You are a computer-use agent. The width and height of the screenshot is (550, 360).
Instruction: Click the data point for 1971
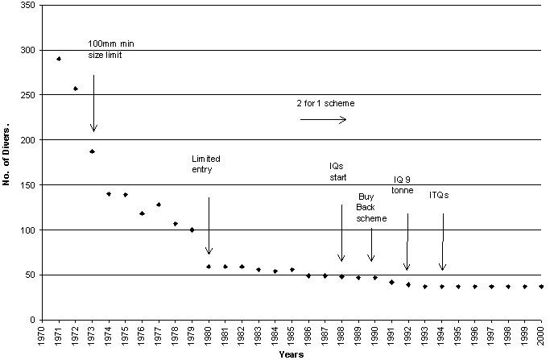point(59,59)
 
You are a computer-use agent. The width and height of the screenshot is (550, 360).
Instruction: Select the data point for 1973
point(93,151)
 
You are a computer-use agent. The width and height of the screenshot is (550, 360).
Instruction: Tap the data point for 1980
point(209,267)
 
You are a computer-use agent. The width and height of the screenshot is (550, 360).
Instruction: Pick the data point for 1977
point(159,205)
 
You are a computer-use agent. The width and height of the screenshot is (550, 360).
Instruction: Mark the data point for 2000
point(541,287)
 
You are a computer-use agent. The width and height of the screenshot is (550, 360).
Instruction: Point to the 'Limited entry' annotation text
point(205,164)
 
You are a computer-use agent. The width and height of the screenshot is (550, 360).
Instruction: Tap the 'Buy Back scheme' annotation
point(372,207)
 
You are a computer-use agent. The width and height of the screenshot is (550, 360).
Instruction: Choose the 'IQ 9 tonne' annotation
point(403,184)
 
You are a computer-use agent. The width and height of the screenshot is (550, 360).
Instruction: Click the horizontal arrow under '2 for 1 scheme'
point(322,120)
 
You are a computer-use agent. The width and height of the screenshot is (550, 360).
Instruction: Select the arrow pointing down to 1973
point(93,103)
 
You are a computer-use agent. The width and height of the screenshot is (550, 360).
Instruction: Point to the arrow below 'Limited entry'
point(209,226)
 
